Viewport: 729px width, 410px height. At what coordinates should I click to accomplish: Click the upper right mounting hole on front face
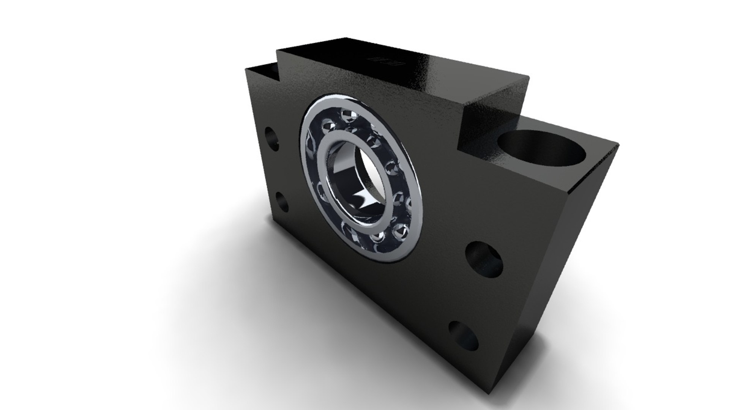click(484, 260)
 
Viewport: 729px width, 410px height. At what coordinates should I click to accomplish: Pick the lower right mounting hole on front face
click(464, 336)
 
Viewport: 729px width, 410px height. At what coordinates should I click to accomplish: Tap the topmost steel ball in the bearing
click(346, 114)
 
